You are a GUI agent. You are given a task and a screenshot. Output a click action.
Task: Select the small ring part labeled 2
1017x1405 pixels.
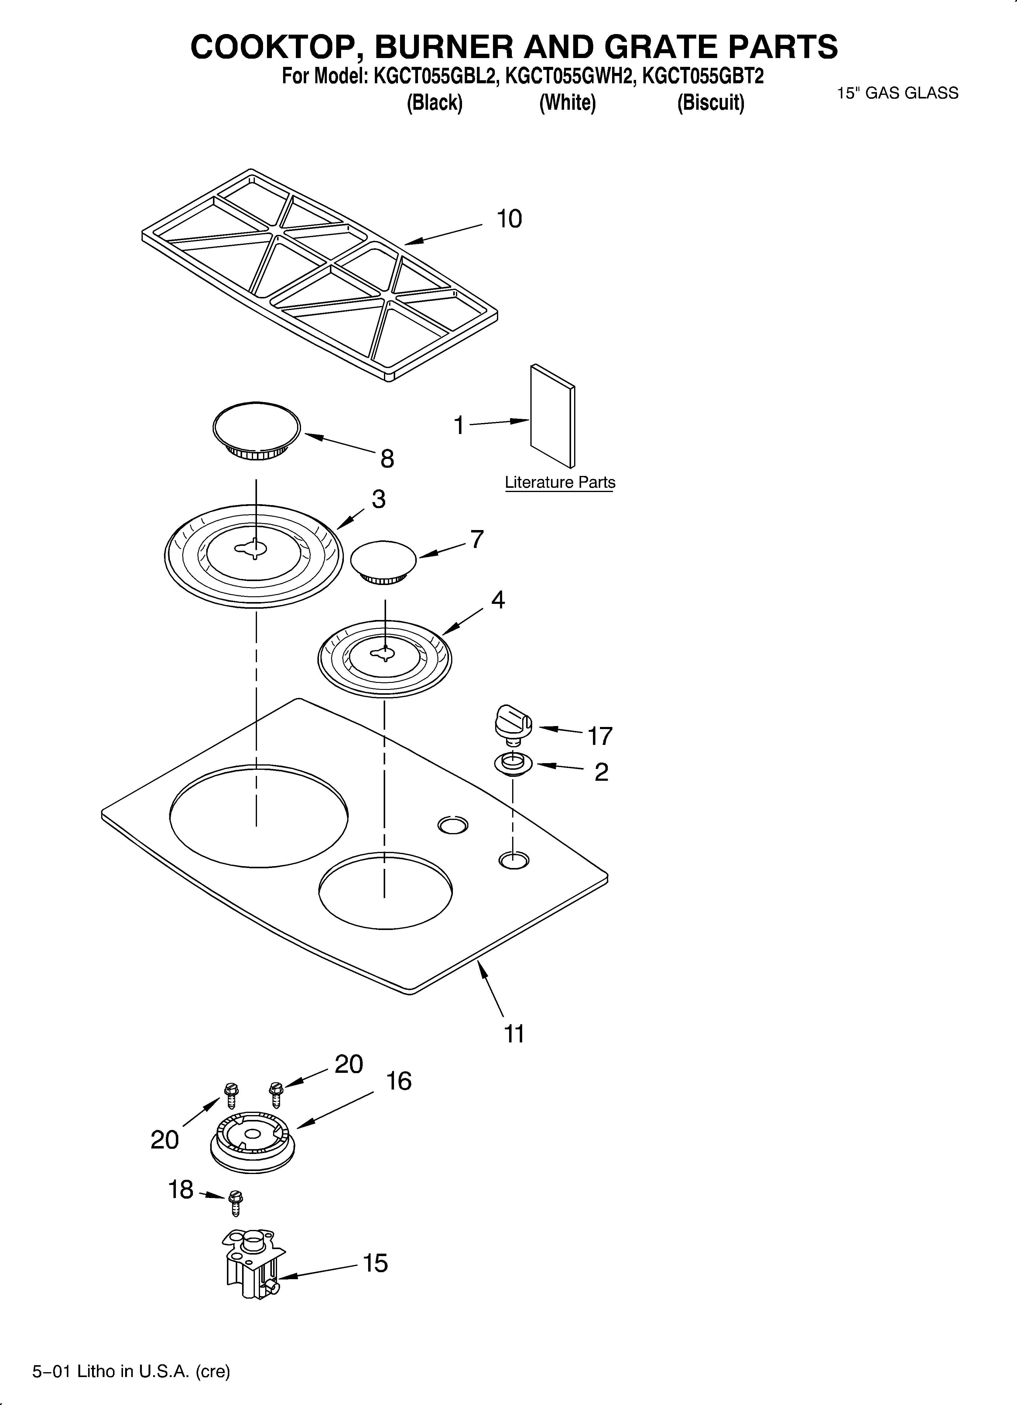click(513, 764)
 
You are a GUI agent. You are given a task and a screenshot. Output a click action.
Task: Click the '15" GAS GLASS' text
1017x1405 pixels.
click(897, 93)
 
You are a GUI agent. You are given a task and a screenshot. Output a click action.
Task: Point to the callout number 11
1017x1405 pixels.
click(514, 1033)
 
